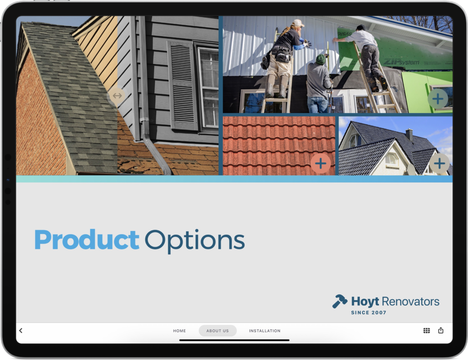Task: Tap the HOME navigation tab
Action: pos(179,331)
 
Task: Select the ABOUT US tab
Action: pos(218,331)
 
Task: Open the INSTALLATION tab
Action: pos(265,331)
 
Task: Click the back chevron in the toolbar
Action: pos(21,330)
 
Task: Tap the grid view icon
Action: pos(426,330)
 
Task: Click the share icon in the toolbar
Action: pos(441,330)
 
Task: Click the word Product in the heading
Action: pos(87,239)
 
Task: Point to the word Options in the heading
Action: pos(195,242)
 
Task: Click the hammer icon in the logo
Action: pos(340,301)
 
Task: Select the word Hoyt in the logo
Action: pos(365,302)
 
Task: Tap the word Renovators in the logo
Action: pos(410,301)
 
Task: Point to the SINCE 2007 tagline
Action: pos(369,312)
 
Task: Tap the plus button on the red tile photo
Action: pos(320,163)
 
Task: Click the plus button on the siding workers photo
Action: pos(438,99)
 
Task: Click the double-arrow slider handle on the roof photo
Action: pos(117,96)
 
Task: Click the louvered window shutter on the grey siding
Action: pos(182,86)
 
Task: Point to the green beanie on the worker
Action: pos(320,59)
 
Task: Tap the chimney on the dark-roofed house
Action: pos(409,134)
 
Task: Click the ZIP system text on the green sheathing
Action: pos(401,62)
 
